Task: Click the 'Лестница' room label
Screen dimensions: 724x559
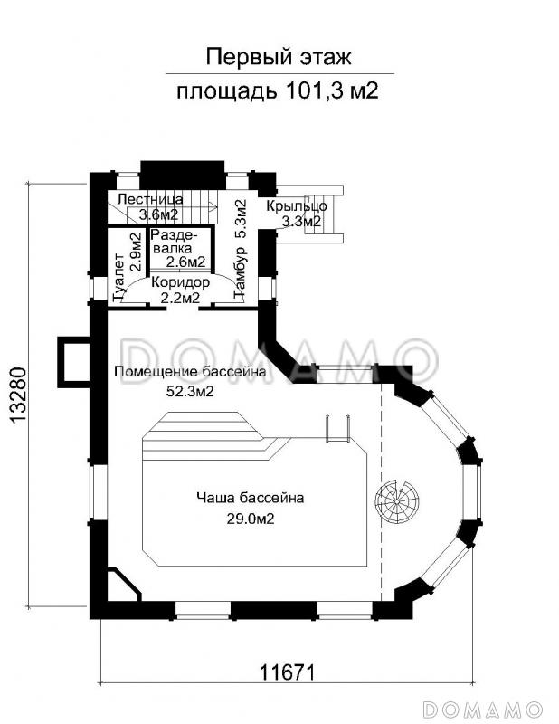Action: pyautogui.click(x=150, y=199)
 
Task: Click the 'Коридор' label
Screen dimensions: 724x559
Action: pyautogui.click(x=179, y=281)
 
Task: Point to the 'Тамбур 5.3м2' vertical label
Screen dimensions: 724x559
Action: pyautogui.click(x=240, y=250)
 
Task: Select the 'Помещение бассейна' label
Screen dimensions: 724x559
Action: pyautogui.click(x=189, y=373)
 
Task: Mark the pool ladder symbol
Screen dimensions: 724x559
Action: pyautogui.click(x=336, y=429)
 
